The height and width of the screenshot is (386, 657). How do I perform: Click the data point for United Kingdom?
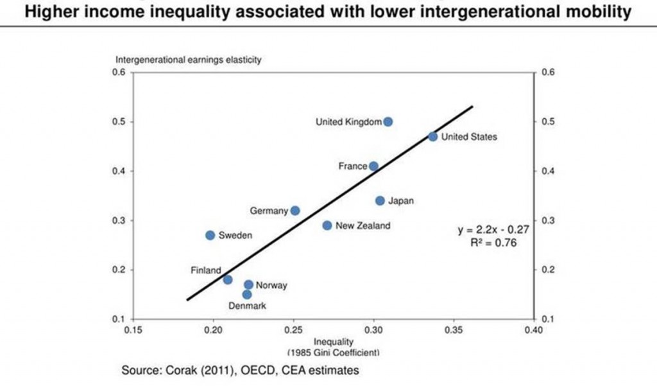point(388,121)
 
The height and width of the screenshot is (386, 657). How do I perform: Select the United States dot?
point(433,137)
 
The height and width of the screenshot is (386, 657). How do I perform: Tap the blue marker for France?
point(373,166)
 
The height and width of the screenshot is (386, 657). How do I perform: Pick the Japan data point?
point(380,201)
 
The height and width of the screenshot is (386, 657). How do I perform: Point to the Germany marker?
point(295,211)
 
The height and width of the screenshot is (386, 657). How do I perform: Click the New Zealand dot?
point(327,225)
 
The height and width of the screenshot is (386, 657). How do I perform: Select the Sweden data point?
point(210,235)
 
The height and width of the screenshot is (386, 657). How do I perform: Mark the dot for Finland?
point(228,279)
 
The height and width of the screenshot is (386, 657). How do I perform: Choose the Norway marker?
point(248,285)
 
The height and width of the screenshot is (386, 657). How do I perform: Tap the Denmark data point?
point(247,294)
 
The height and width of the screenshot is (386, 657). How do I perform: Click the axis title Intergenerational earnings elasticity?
point(188,60)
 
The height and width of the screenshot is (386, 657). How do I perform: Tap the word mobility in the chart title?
point(597,11)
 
